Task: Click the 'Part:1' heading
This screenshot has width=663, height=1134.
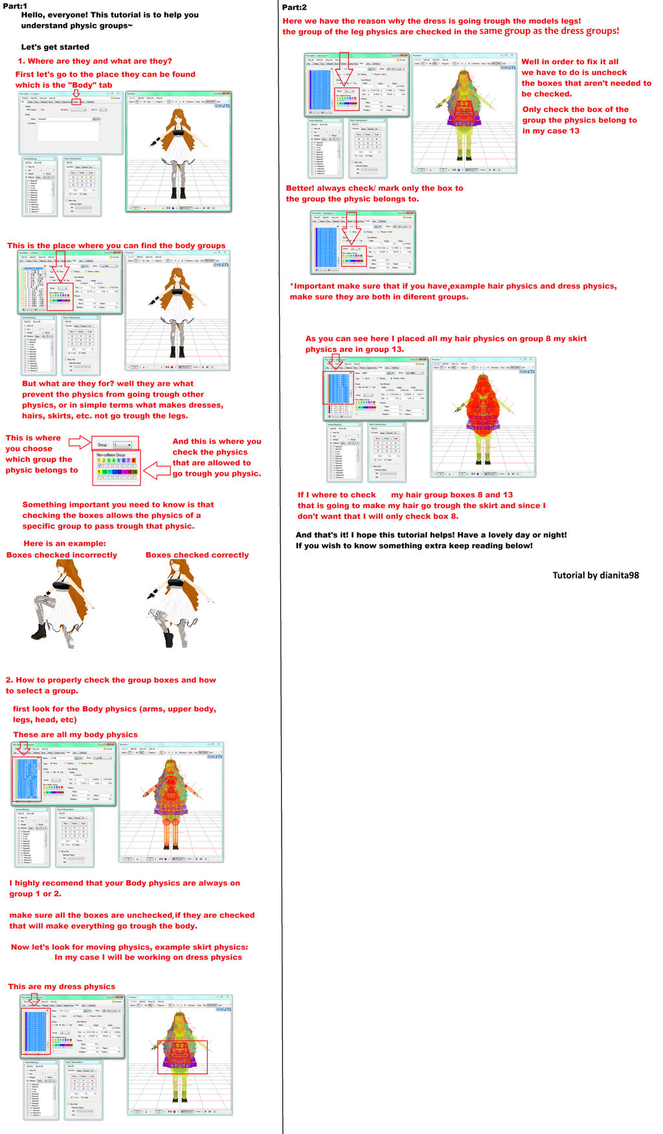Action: (x=15, y=6)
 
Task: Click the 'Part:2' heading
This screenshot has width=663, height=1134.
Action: (x=295, y=7)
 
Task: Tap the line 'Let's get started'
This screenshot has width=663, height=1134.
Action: (x=55, y=47)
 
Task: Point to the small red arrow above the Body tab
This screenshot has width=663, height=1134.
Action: (x=76, y=94)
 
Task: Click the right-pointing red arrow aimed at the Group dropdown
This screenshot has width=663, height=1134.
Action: (x=79, y=442)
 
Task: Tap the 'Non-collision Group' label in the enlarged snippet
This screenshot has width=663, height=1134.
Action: (x=111, y=455)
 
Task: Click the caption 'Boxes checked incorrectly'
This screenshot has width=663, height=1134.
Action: (x=62, y=555)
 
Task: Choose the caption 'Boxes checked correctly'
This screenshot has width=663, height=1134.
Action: (x=197, y=555)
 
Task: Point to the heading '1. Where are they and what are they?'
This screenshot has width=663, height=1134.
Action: (x=95, y=61)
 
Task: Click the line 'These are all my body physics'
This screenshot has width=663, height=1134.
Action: (x=75, y=735)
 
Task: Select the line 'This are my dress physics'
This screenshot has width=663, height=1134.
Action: (x=62, y=986)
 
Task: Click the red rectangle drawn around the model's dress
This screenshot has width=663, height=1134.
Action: (x=183, y=1056)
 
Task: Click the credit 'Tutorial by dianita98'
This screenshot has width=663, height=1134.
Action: (x=595, y=575)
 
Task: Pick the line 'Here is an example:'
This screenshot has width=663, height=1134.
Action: (x=65, y=544)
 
